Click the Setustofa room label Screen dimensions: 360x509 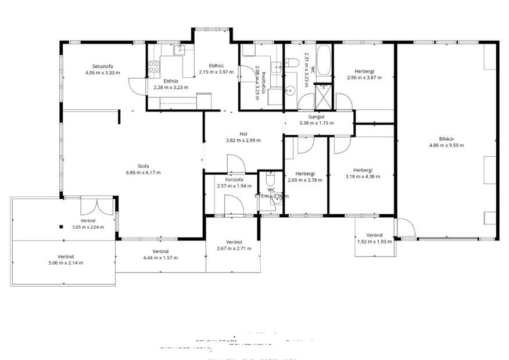102,65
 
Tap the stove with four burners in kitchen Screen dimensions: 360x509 154,66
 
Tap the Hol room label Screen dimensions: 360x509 243,133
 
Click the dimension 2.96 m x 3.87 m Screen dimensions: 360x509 364,78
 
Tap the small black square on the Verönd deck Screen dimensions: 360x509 60,226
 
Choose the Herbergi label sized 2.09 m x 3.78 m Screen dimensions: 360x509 304,174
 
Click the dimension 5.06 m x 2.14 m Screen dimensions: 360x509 65,262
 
